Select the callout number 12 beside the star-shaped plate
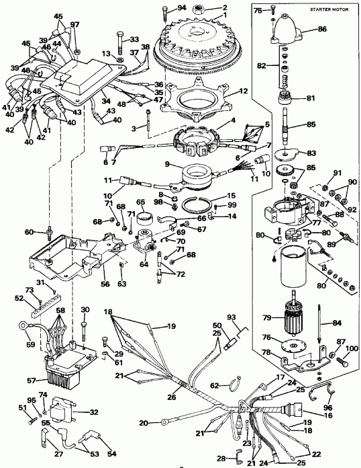point(244,91)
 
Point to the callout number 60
point(30,232)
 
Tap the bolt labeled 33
point(119,44)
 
